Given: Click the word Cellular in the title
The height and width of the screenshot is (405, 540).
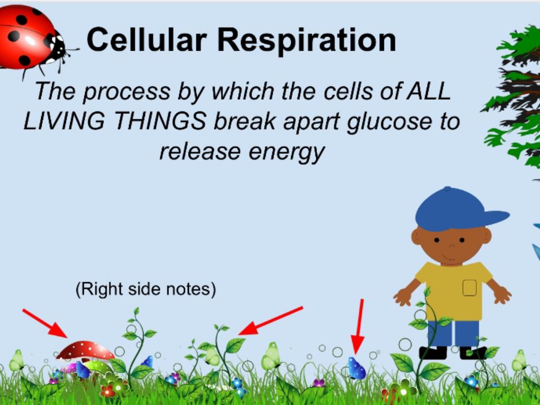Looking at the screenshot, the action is [x=147, y=40].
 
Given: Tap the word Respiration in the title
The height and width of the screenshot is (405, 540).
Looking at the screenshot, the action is [x=306, y=41].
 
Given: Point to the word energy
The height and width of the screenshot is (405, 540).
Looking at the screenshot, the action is [x=286, y=152].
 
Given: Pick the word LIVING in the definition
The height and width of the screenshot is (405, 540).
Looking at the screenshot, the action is [x=64, y=121].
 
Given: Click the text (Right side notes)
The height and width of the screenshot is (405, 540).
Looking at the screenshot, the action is [x=146, y=289].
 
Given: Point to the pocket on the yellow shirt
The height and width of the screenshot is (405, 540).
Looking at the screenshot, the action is [x=469, y=287].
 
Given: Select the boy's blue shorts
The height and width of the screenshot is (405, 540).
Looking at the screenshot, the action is [x=453, y=333].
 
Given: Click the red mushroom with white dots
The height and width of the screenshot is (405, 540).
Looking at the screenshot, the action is [x=85, y=351].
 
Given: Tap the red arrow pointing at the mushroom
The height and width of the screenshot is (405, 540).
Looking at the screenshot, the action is [x=45, y=323].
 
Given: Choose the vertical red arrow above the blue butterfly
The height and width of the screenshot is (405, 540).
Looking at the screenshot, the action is [x=359, y=326].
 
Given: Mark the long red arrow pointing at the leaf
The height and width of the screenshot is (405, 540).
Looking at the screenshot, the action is [x=271, y=321].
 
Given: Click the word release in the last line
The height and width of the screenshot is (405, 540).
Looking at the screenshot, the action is [x=200, y=151].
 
